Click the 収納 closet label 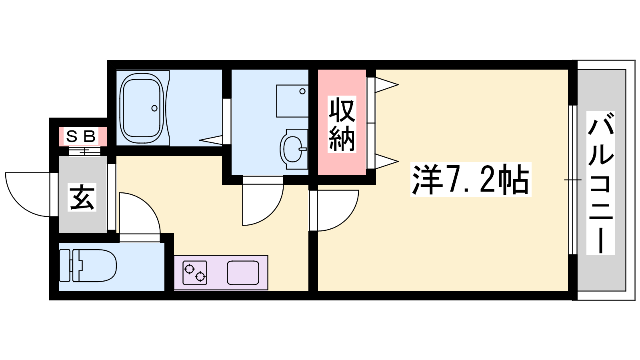point(342,124)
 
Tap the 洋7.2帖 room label point(470,180)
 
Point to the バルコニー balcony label point(600,183)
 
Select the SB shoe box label point(80,136)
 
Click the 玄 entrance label point(82,197)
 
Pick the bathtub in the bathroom point(142,108)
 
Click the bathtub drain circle point(154,108)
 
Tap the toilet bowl point(88,266)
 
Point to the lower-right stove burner point(200,276)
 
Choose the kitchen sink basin point(243,272)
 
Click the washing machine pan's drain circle point(302,92)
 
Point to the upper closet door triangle point(386,84)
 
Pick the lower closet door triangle point(386,162)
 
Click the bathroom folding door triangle point(211,140)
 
